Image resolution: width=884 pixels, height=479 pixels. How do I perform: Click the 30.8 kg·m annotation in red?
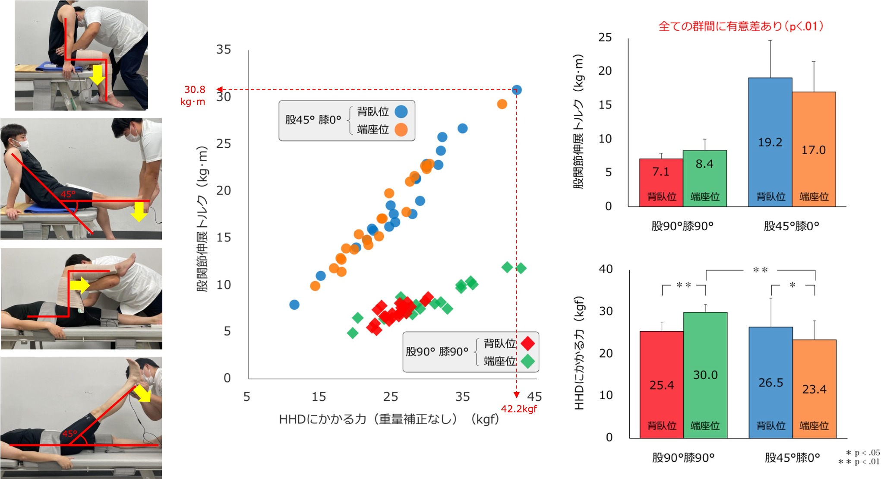pos(194,95)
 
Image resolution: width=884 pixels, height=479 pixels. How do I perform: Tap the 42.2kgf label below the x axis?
pos(519,409)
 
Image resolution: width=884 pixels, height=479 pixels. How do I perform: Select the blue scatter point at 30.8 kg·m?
pos(517,90)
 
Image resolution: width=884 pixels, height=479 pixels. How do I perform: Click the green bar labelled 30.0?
pos(705,374)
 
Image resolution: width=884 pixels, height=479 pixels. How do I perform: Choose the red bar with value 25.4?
pos(661,384)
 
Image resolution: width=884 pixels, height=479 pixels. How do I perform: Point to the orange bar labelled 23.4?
pos(814,389)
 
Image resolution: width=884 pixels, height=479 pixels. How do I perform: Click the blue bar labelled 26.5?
pos(770,382)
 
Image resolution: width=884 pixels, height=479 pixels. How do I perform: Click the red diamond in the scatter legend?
pos(527,343)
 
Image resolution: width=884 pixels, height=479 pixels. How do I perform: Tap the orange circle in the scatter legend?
pos(401,130)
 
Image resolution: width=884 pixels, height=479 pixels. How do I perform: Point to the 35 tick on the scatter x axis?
pos(462,397)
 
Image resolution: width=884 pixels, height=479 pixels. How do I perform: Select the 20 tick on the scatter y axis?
pos(224,190)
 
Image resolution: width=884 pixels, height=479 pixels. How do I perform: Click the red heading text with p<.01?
pos(740,26)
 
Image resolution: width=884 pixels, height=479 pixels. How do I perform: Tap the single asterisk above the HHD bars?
pos(792,285)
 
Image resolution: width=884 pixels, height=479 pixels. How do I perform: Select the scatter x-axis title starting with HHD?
pos(388,419)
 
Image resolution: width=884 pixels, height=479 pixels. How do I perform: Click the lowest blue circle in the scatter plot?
pos(294,305)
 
